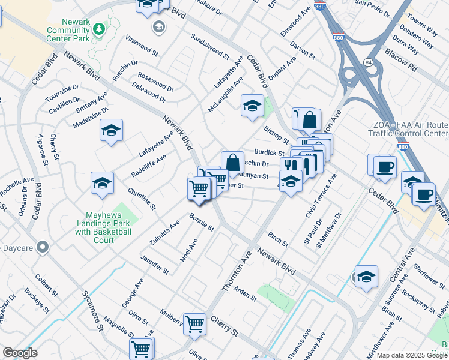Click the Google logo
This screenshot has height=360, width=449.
pos(20,353)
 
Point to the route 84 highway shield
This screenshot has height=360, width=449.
pos(366,62)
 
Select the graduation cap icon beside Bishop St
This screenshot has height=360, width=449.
pos(252,106)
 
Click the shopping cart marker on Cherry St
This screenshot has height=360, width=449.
pos(195,325)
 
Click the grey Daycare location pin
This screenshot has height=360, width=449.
pos(42,247)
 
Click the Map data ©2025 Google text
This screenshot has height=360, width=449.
pos(412,355)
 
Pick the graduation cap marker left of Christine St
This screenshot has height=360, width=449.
pos(103,184)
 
